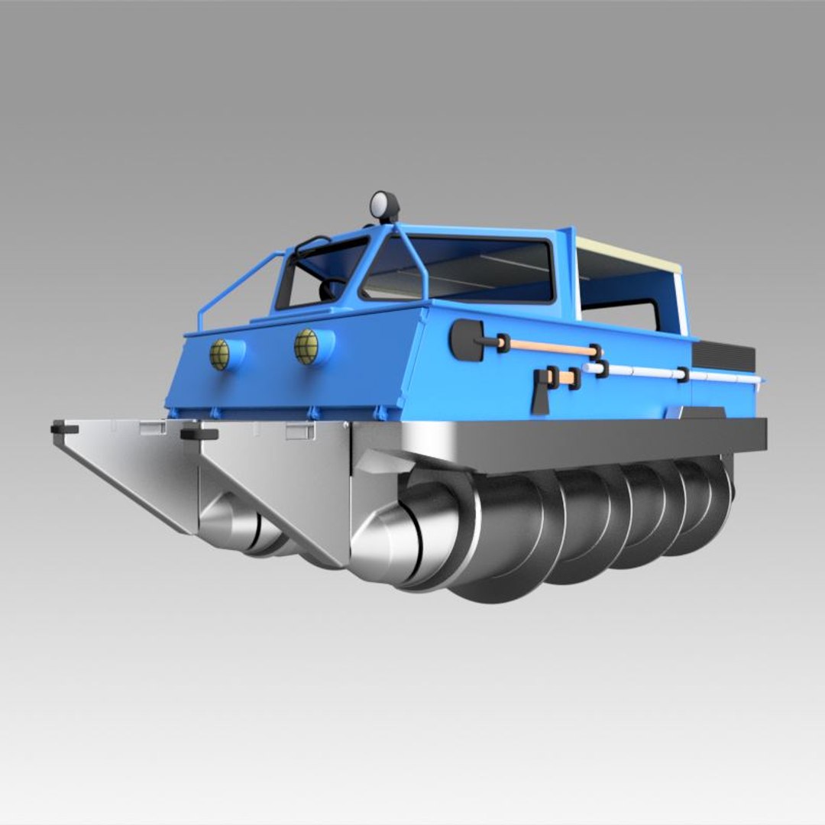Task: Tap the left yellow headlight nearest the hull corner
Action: click(x=221, y=354)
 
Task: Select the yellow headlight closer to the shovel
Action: click(x=307, y=347)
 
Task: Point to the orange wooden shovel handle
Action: click(x=548, y=348)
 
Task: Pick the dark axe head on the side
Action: click(x=541, y=390)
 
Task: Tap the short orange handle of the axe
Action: click(x=565, y=377)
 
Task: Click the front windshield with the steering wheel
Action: click(x=321, y=271)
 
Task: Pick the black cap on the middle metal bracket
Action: click(x=199, y=434)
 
